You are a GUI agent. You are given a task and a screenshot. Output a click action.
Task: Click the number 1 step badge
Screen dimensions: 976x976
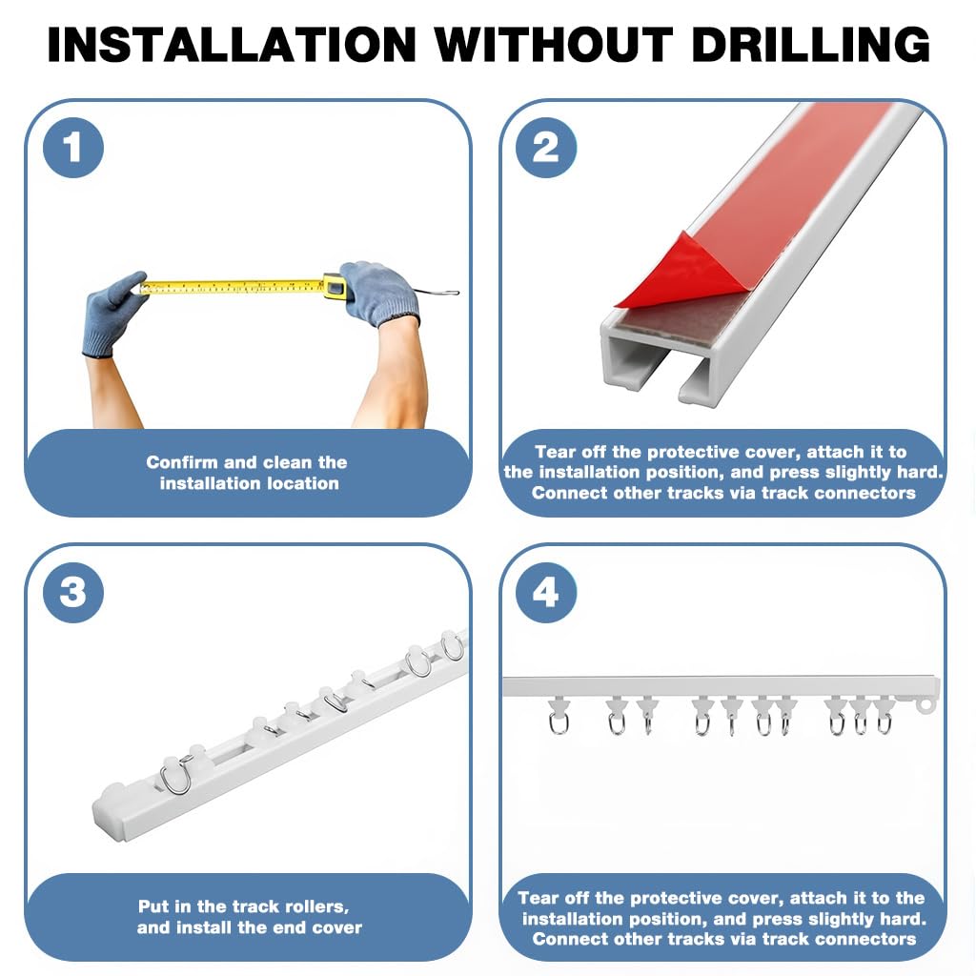point(72,148)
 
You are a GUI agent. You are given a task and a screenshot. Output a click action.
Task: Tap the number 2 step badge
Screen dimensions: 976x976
point(545,148)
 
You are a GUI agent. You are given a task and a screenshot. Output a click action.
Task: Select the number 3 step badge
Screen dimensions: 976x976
point(72,593)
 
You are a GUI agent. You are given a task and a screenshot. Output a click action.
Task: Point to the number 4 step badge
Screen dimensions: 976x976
point(545,593)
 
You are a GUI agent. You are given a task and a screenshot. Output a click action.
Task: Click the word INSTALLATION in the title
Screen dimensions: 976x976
point(232,44)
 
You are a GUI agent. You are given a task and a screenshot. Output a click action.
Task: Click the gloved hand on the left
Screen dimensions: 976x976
point(114,310)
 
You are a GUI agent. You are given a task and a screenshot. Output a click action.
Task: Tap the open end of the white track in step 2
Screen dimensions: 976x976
point(658,367)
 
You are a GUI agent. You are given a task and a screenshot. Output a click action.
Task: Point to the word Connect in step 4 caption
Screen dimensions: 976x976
point(568,940)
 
